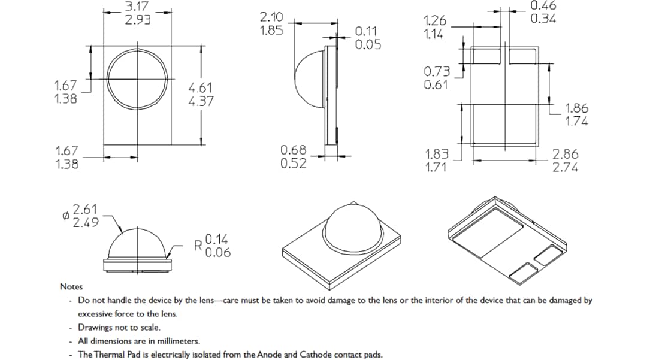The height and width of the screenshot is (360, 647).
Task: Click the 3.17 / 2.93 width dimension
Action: pyautogui.click(x=137, y=13)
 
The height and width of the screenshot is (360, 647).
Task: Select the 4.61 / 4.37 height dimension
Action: pyautogui.click(x=201, y=95)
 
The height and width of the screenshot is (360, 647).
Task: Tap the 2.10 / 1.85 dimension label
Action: pyautogui.click(x=271, y=24)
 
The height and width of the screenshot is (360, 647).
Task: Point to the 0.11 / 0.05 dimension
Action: pyautogui.click(x=368, y=38)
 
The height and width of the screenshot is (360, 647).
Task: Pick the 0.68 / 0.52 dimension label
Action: pyautogui.click(x=294, y=156)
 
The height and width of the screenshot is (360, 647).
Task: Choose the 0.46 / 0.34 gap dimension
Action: pyautogui.click(x=543, y=12)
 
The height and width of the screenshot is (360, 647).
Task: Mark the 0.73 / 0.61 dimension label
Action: pyautogui.click(x=436, y=78)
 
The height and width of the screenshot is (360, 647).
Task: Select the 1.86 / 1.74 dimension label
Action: pyautogui.click(x=577, y=114)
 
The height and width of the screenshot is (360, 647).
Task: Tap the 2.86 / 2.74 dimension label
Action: pyautogui.click(x=566, y=161)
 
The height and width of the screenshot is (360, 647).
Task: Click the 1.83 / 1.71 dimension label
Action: pyautogui.click(x=437, y=161)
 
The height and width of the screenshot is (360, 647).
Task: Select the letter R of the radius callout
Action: pyautogui.click(x=198, y=246)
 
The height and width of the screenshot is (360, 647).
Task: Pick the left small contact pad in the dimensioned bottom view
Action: pyautogui.click(x=486, y=56)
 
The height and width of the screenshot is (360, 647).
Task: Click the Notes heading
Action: pyautogui.click(x=71, y=287)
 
